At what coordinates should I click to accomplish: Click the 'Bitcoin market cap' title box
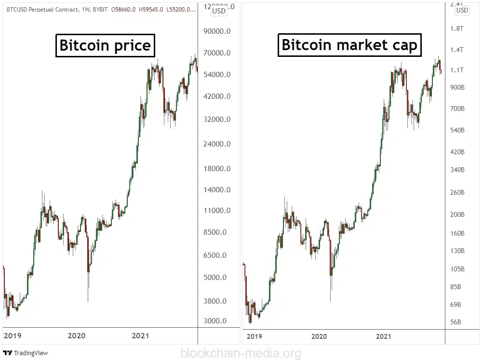pos(349,45)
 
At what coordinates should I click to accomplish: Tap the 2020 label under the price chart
pos(77,336)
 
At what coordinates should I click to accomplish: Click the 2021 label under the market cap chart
pos(383,336)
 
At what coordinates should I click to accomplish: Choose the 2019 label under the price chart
pos(13,336)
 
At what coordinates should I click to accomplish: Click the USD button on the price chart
pos(219,11)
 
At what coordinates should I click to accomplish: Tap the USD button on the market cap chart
pos(462,10)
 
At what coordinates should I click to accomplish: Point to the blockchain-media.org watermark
pos(241,353)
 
